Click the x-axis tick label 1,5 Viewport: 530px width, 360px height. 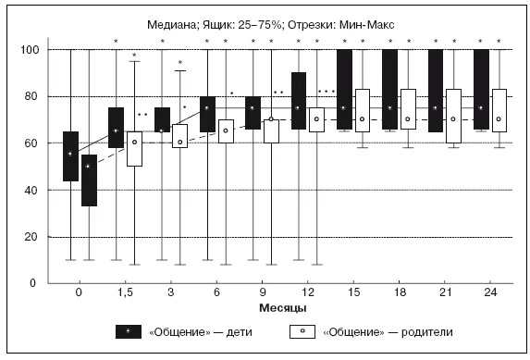(125, 292)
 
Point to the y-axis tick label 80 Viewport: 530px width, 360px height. (31, 96)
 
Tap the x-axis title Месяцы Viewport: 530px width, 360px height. (283, 308)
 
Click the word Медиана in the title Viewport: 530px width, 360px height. (171, 25)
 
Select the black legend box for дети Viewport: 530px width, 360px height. (129, 331)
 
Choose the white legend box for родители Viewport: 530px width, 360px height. (302, 331)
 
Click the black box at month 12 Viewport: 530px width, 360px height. (299, 101)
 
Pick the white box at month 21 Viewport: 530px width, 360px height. (453, 116)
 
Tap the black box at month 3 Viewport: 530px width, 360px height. (162, 119)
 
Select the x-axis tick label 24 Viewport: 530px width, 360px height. (490, 292)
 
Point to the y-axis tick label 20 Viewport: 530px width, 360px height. (31, 237)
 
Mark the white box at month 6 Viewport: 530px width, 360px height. (226, 131)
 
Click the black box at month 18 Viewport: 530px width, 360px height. (389, 90)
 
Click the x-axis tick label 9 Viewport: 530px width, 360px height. (263, 292)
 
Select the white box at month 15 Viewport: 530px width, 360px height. (363, 111)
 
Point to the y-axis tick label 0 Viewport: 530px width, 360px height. (32, 283)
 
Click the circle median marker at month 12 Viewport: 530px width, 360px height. (316, 119)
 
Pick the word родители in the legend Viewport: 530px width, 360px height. (426, 332)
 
